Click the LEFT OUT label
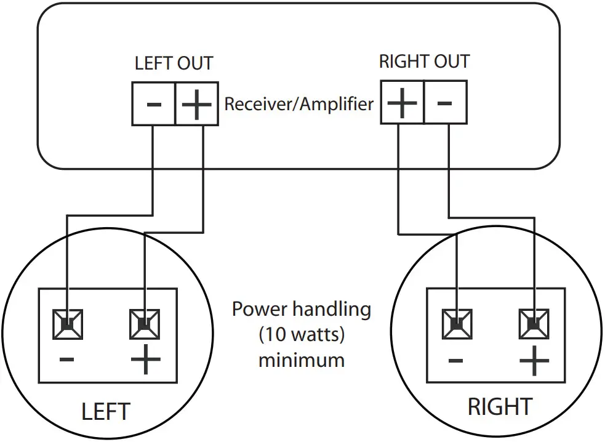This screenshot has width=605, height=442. click(x=174, y=63)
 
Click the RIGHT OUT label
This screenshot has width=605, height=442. click(x=424, y=62)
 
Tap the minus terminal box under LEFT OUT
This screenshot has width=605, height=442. click(x=154, y=104)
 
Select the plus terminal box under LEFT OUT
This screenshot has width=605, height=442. click(x=197, y=104)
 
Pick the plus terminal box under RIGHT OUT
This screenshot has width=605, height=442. click(x=402, y=102)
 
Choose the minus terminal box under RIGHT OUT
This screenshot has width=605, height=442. click(x=446, y=102)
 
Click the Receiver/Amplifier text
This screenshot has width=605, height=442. click(x=299, y=104)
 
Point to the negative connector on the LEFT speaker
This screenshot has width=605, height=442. click(x=68, y=324)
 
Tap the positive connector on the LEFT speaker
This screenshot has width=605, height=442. click(x=145, y=324)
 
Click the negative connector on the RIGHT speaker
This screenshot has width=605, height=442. click(x=457, y=324)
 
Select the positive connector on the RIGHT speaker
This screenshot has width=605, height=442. click(x=534, y=324)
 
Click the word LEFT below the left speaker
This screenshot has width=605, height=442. click(x=106, y=411)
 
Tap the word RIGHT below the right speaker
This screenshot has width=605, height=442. click(x=500, y=406)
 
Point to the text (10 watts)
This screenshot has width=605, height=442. click(x=302, y=334)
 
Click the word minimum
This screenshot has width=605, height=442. click(x=302, y=360)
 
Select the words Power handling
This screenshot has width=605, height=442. click(x=302, y=309)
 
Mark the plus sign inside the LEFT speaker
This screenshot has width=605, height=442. click(x=145, y=360)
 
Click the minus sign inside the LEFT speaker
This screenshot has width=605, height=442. click(x=66, y=360)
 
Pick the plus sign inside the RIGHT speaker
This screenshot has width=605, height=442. click(x=534, y=361)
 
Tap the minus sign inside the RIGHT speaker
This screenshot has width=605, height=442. click(x=455, y=361)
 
